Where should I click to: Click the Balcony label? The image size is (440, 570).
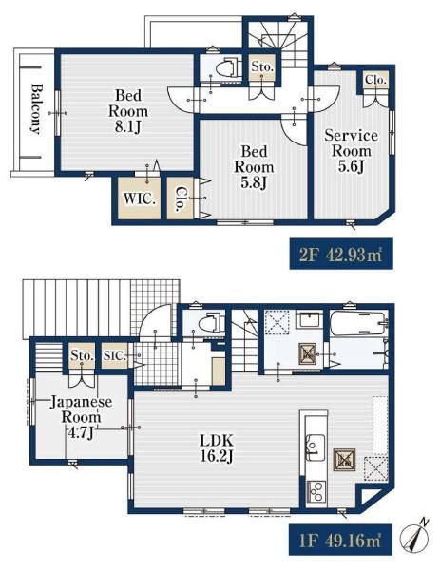click(35, 109)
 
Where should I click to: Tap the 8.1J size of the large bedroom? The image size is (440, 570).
click(127, 127)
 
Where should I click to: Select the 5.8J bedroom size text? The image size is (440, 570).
click(254, 182)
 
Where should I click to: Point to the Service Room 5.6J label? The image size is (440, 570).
click(351, 151)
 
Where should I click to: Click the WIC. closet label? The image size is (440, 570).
click(140, 199)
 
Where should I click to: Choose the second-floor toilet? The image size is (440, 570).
click(228, 68)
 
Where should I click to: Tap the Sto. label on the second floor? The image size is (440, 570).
click(262, 66)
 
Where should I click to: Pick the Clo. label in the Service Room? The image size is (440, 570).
click(375, 79)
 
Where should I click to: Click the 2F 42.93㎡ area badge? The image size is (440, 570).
click(341, 254)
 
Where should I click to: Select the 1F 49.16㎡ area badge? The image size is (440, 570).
click(340, 539)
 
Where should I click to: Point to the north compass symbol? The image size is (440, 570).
click(413, 537)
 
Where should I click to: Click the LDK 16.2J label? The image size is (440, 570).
click(217, 448)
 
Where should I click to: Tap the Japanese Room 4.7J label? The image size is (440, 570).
click(81, 417)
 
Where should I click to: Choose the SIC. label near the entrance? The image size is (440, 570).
click(115, 355)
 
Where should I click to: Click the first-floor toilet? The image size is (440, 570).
click(211, 322)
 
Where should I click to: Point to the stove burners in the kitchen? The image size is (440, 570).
click(316, 491)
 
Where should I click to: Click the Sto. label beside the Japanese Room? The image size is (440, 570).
click(82, 355)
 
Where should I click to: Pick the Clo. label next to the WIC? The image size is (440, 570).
click(180, 199)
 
